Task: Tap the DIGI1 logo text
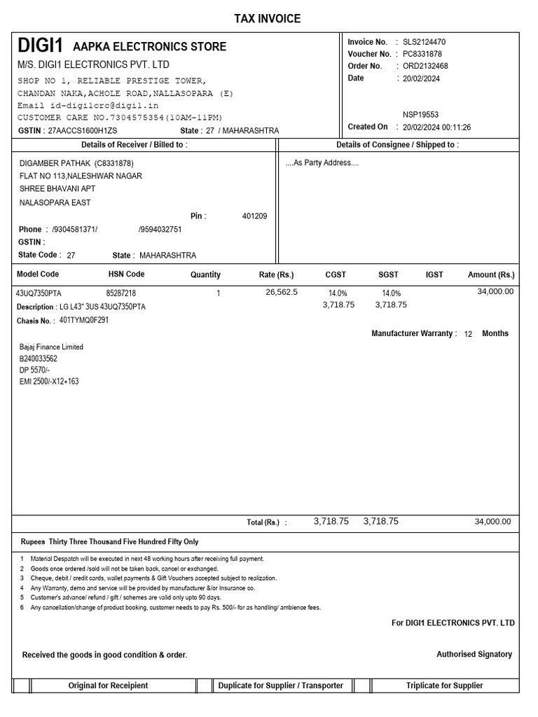[x=41, y=47]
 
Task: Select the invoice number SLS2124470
[x=424, y=42]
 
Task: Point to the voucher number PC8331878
[x=422, y=54]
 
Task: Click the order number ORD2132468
[x=425, y=66]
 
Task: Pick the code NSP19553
[x=421, y=114]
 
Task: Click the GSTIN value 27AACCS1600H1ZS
[x=83, y=131]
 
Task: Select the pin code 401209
[x=254, y=216]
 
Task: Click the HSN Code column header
[x=126, y=274]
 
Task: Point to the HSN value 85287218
[x=121, y=293]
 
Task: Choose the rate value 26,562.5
[x=282, y=292]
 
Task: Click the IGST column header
[x=434, y=275]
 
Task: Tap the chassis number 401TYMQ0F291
[x=84, y=320]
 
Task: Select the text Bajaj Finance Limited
[x=51, y=347]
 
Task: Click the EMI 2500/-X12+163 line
[x=49, y=382]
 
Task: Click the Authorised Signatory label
[x=474, y=654]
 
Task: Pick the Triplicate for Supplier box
[x=444, y=685]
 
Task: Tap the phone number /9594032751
[x=160, y=229]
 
